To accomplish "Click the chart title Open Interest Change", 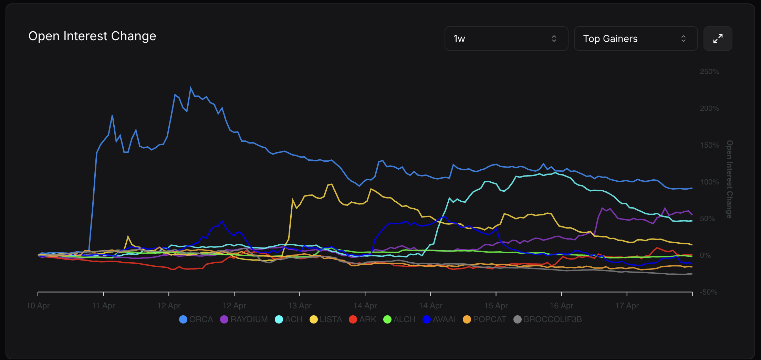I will pyautogui.click(x=92, y=36).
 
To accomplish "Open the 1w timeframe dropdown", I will pyautogui.click(x=506, y=39).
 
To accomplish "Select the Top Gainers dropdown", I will pyautogui.click(x=635, y=39).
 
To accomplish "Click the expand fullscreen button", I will pyautogui.click(x=718, y=39).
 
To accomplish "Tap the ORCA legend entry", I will pyautogui.click(x=196, y=319).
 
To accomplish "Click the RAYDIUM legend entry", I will pyautogui.click(x=244, y=319).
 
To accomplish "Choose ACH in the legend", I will pyautogui.click(x=289, y=319).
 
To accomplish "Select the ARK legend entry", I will pyautogui.click(x=363, y=319).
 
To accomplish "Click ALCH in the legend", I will pyautogui.click(x=399, y=319).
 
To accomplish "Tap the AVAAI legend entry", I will pyautogui.click(x=439, y=319).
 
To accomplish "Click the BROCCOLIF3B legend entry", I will pyautogui.click(x=548, y=319).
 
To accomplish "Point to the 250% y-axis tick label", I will pyautogui.click(x=709, y=72).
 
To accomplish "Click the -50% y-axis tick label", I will pyautogui.click(x=709, y=292).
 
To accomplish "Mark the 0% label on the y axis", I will pyautogui.click(x=705, y=255).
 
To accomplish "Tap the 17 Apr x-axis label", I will pyautogui.click(x=627, y=306).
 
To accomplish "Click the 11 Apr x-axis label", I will pyautogui.click(x=103, y=306).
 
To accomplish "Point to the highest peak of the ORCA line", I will pyautogui.click(x=191, y=88).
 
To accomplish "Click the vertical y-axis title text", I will pyautogui.click(x=729, y=179).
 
